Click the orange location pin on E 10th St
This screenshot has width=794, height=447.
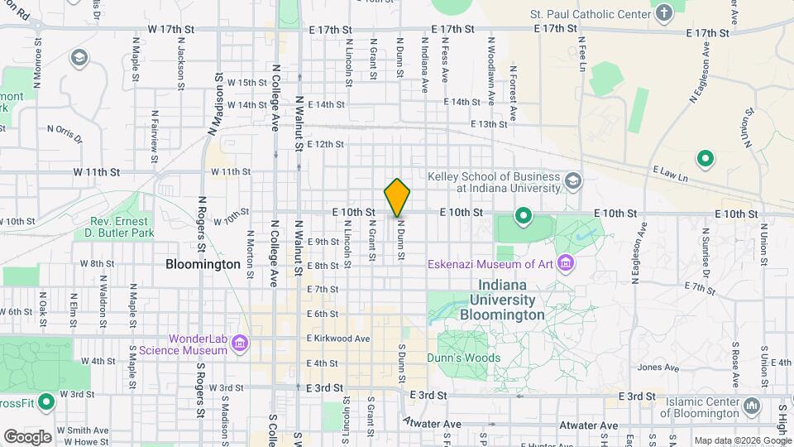pyautogui.click(x=398, y=197)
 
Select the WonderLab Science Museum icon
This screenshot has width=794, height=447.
pyautogui.click(x=240, y=344)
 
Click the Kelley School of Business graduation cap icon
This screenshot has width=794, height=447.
pyautogui.click(x=572, y=180)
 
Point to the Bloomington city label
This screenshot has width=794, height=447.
pyautogui.click(x=203, y=265)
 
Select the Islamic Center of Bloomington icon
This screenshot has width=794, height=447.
pyautogui.click(x=752, y=406)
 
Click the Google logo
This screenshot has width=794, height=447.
pyautogui.click(x=27, y=436)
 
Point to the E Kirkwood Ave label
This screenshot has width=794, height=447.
pyautogui.click(x=338, y=339)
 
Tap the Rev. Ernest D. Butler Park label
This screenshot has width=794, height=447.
pyautogui.click(x=121, y=228)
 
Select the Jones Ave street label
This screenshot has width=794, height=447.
pyautogui.click(x=658, y=368)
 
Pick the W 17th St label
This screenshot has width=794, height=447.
pyautogui.click(x=170, y=29)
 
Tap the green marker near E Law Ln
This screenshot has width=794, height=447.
pyautogui.click(x=706, y=157)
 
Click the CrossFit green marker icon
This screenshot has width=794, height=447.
pyautogui.click(x=46, y=403)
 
